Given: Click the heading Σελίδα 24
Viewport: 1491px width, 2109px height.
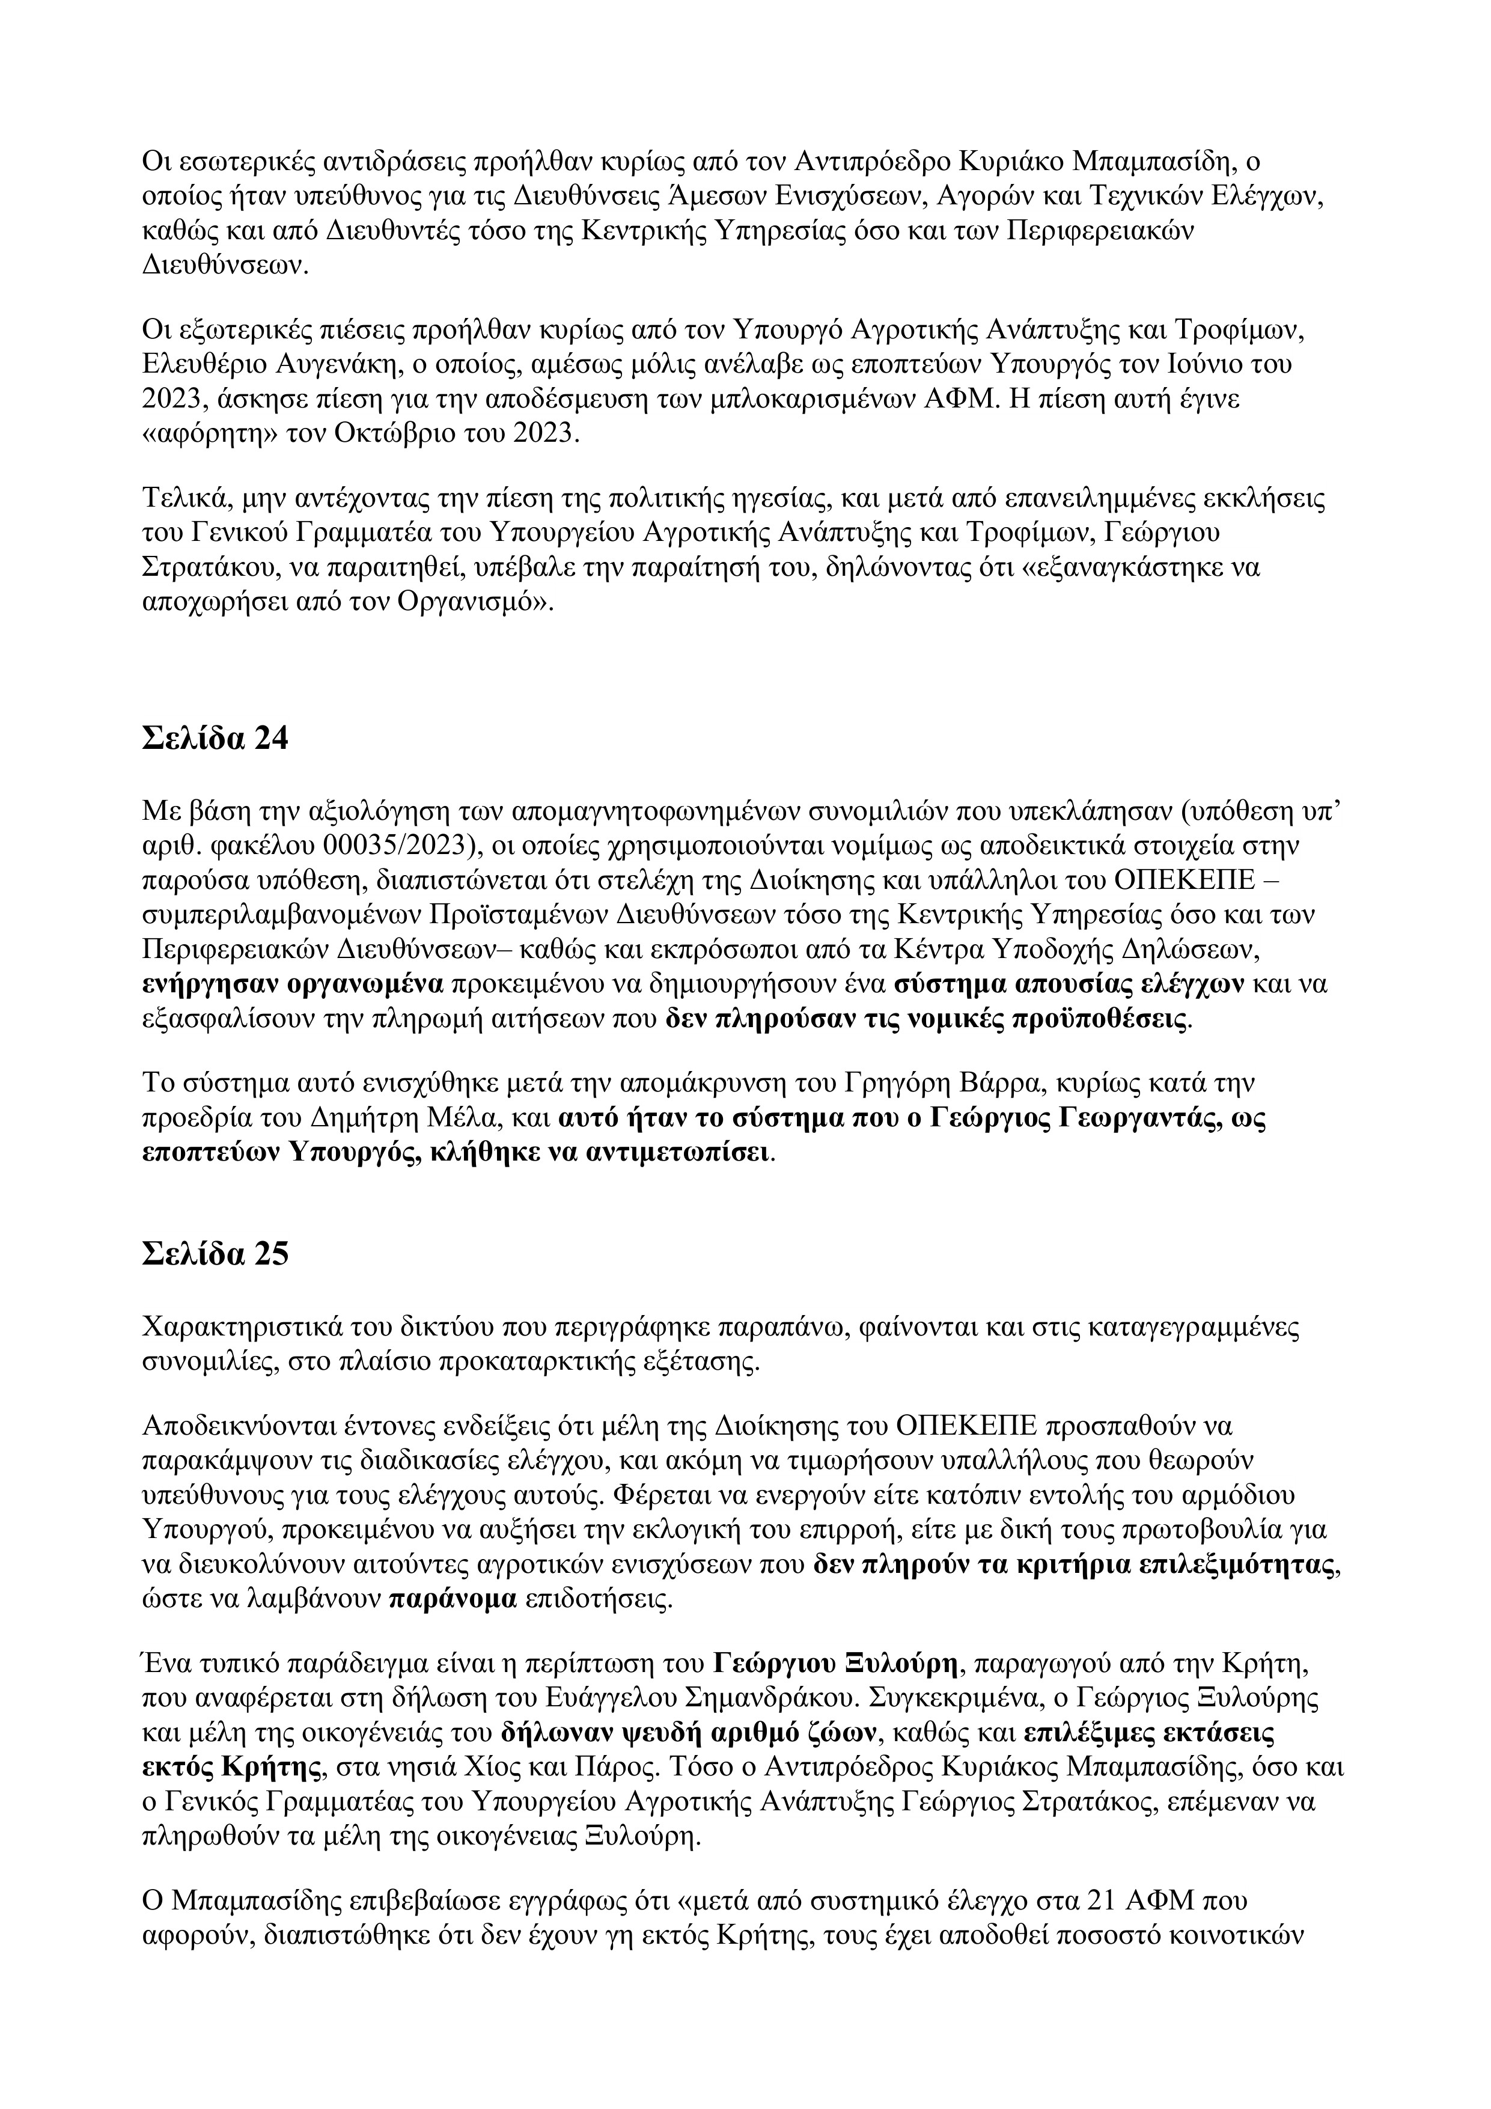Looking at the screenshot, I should (x=215, y=737).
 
